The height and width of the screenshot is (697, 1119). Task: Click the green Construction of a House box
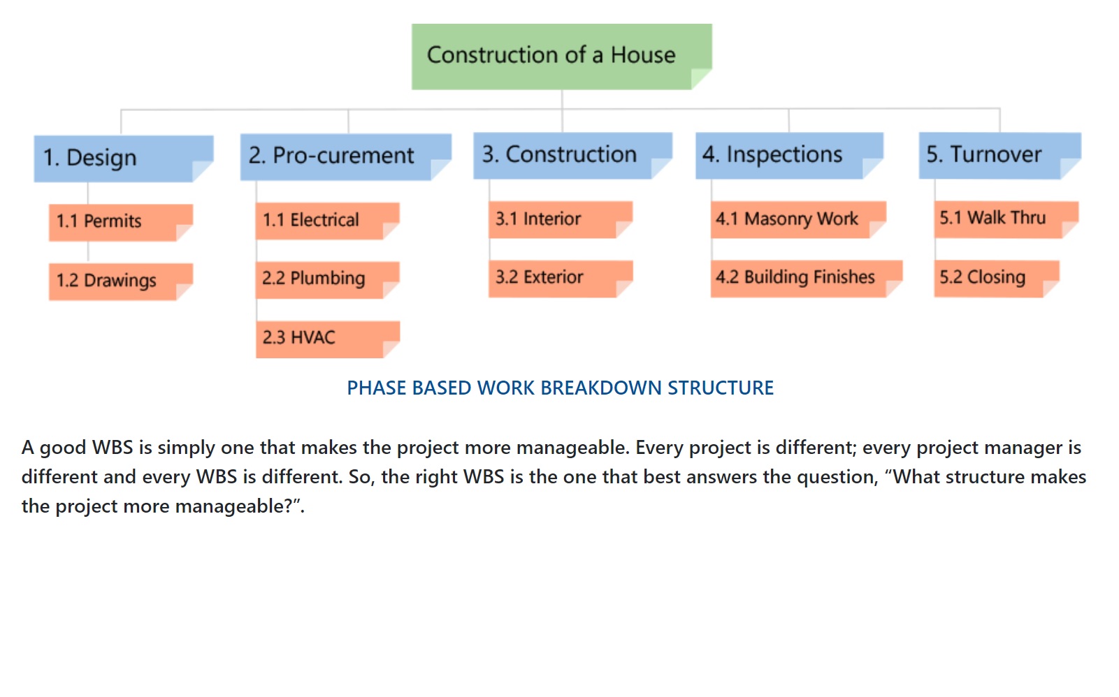coord(561,57)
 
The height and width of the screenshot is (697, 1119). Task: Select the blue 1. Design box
coord(124,159)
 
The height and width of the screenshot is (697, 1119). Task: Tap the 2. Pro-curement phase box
coord(346,156)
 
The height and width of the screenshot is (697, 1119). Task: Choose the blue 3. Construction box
coord(572,155)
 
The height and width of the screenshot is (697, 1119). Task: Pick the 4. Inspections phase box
coord(789,155)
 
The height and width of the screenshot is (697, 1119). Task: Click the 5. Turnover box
coord(1000,155)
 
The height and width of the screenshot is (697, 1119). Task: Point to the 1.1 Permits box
coord(121,222)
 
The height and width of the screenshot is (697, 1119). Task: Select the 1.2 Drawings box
coord(121,281)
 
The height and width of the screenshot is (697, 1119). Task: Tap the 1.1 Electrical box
coord(328,221)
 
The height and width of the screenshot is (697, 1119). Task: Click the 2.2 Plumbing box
coord(328,279)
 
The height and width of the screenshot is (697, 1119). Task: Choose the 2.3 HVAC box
coord(328,339)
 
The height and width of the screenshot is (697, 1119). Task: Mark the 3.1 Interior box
coord(561,220)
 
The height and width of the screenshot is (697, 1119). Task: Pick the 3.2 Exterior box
coord(561,279)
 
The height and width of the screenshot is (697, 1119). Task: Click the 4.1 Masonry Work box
coord(798,220)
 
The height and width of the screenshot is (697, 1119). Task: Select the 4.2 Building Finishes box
coord(807,279)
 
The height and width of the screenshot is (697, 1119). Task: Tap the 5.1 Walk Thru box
coord(1006,220)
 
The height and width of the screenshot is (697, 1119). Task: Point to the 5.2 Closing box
coord(997,279)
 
